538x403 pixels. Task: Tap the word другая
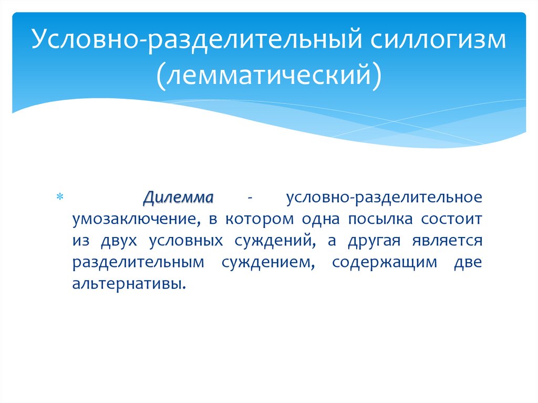(370, 241)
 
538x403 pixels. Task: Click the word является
(448, 241)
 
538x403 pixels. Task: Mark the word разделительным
(138, 263)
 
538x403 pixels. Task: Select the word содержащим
(384, 263)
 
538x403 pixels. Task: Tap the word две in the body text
(467, 263)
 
